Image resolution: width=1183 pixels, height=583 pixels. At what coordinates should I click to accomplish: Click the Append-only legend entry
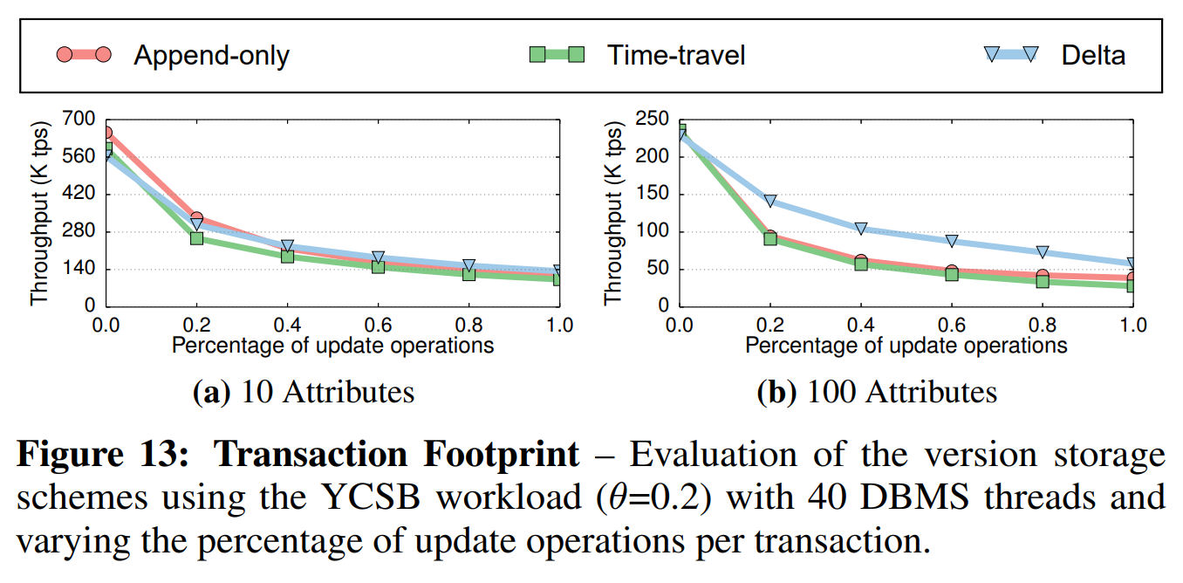tap(210, 55)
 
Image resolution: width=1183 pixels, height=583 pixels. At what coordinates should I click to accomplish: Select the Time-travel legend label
tap(676, 55)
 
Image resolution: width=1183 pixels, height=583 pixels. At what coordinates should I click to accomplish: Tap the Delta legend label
tap(1093, 55)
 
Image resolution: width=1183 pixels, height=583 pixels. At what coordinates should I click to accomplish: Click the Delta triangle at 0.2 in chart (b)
tap(769, 201)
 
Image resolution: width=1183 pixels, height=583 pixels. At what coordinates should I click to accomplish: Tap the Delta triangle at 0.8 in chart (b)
tap(1042, 251)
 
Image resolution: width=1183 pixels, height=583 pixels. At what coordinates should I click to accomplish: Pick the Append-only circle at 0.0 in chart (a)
tap(106, 133)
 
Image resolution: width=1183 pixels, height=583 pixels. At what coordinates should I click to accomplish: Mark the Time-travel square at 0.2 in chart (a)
tap(197, 238)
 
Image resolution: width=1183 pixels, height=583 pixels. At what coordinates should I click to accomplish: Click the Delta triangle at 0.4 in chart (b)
tap(861, 229)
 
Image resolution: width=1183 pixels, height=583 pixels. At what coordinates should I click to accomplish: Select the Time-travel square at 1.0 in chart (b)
tap(1132, 285)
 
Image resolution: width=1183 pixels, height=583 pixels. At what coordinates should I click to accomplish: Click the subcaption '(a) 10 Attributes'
tap(303, 392)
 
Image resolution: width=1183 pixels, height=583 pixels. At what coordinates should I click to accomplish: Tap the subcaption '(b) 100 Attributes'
tap(876, 392)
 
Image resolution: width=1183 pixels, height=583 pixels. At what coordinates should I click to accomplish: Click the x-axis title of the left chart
tap(332, 346)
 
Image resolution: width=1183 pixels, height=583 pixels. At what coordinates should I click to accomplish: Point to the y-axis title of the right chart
tap(613, 212)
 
